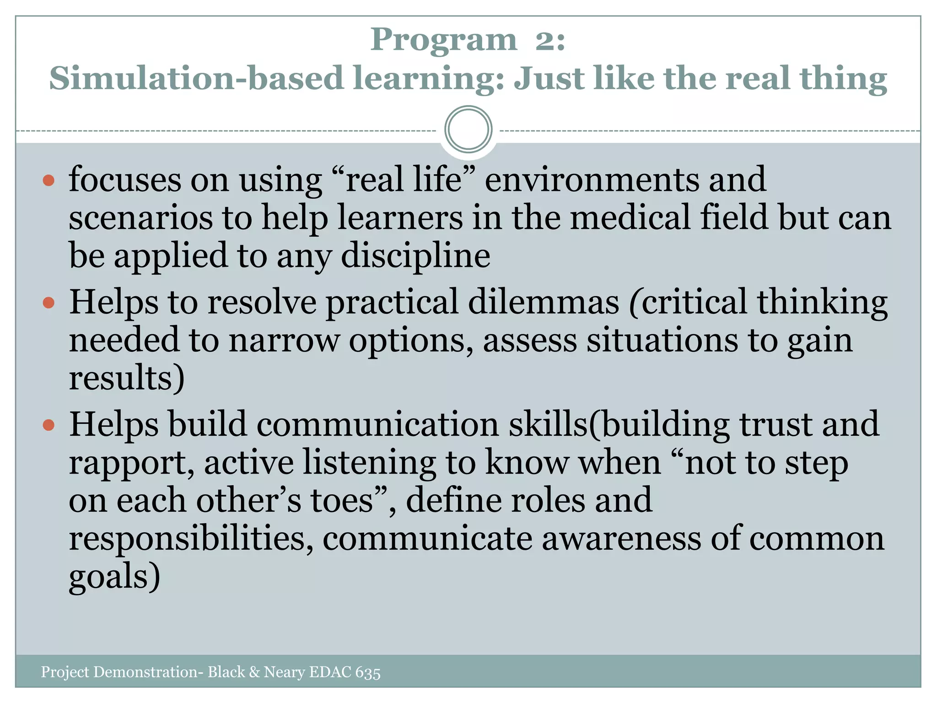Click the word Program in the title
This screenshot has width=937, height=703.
[x=443, y=40]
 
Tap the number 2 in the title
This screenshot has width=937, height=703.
[x=544, y=40]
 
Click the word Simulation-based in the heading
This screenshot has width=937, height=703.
[x=196, y=78]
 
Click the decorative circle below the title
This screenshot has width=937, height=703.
[x=468, y=129]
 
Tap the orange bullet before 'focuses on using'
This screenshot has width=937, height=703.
[x=48, y=180]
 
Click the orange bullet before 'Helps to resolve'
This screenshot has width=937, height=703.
[x=48, y=303]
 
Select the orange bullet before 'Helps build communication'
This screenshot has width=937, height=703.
[x=48, y=425]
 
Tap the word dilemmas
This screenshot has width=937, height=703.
[x=543, y=302]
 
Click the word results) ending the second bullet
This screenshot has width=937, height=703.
[x=127, y=378]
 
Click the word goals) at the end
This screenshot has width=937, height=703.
[x=114, y=577]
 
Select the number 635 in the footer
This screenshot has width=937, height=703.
[x=367, y=672]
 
